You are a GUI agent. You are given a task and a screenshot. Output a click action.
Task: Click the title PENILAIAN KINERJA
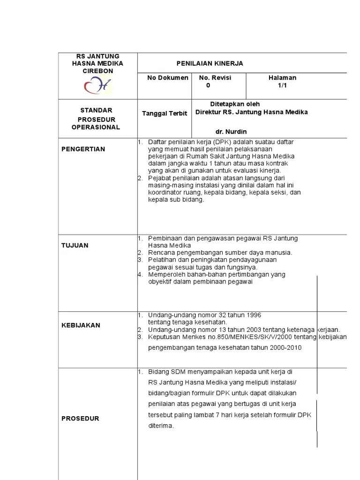point(210,63)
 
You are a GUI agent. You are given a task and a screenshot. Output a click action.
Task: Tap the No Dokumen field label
point(168,78)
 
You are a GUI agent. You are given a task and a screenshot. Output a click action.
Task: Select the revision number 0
point(208,86)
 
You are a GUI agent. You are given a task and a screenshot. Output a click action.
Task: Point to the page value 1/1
point(282,86)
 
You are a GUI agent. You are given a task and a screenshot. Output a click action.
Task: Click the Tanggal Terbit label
point(165,113)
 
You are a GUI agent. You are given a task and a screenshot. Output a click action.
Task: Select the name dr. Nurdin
point(231,132)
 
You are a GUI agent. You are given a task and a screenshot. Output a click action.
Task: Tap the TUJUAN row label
point(75,246)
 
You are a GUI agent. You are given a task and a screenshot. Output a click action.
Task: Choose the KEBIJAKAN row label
point(81,325)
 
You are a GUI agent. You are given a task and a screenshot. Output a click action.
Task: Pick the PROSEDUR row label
point(81,419)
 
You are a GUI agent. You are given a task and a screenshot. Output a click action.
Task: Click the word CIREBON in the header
point(98,71)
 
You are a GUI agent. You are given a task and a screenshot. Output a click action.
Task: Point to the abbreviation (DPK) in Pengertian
point(220,142)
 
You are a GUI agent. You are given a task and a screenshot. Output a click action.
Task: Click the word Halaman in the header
point(282,78)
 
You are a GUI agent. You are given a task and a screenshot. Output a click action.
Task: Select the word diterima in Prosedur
point(161,426)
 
